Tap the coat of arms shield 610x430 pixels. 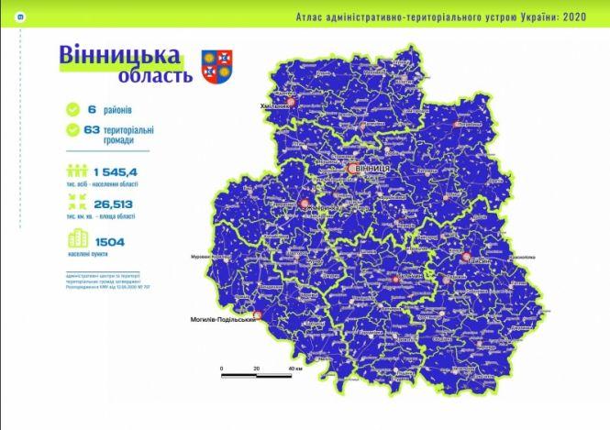pos(216,63)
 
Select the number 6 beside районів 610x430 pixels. pos(92,110)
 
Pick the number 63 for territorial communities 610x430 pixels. pos(91,130)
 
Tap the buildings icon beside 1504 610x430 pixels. pos(74,242)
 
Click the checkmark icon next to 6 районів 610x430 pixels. pos(72,110)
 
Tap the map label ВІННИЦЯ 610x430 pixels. pos(372,170)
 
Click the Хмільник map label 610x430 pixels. pos(279,105)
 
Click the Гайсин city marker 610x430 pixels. pos(467,259)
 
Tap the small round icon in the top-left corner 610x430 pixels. pos(8,17)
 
